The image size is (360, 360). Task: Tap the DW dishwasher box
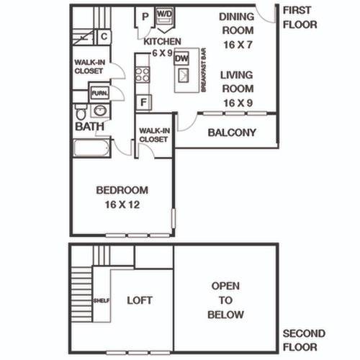[181, 58]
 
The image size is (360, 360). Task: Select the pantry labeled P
[145, 17]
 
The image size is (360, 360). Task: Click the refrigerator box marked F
[143, 102]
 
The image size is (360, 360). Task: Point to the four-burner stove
[143, 75]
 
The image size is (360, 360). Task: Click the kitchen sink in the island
[184, 75]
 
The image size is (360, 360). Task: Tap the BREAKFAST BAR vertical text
[204, 70]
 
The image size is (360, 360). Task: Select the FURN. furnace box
[100, 93]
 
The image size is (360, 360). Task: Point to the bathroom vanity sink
[100, 111]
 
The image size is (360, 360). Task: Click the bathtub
[91, 148]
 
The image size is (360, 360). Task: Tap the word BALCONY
[232, 132]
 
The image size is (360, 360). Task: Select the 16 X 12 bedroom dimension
[122, 204]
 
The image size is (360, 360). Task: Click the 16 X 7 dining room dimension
[238, 45]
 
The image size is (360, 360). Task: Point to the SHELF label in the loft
[102, 300]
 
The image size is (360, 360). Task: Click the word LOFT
[140, 300]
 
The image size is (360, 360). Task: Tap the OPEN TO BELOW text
[225, 300]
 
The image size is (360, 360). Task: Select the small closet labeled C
[104, 37]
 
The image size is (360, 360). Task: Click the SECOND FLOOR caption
[304, 341]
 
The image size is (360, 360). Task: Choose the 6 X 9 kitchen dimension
[163, 53]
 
